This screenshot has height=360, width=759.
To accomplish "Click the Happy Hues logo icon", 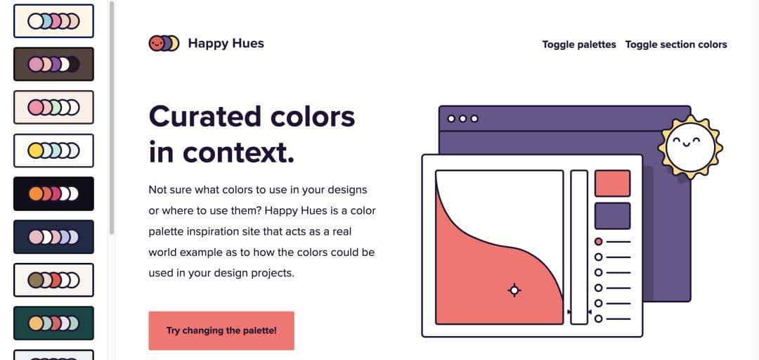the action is click(x=164, y=43).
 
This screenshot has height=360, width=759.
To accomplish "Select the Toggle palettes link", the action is click(x=579, y=44).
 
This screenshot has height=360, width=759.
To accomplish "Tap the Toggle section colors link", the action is click(x=676, y=44).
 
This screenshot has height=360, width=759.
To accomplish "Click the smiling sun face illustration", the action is click(x=690, y=147).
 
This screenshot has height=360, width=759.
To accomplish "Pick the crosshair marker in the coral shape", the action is click(x=514, y=290).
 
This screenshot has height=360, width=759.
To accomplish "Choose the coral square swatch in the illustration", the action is click(x=612, y=183).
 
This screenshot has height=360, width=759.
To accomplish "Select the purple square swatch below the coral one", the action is click(x=612, y=216).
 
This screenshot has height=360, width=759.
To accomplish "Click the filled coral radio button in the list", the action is click(x=598, y=241).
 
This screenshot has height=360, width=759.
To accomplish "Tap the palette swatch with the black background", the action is click(x=53, y=194).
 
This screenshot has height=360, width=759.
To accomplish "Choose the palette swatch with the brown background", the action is click(x=53, y=64).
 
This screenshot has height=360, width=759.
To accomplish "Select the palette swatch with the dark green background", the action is click(x=53, y=323).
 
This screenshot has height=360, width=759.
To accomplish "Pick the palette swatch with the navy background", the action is click(x=53, y=237).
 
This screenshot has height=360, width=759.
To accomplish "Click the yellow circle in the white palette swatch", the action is click(x=35, y=150).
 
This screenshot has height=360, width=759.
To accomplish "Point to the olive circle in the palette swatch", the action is click(x=35, y=280).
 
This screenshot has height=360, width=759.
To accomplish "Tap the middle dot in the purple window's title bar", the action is click(x=462, y=119).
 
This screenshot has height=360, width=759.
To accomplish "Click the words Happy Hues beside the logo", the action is click(x=226, y=44).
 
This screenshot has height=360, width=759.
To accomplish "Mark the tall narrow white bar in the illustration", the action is click(x=579, y=247).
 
